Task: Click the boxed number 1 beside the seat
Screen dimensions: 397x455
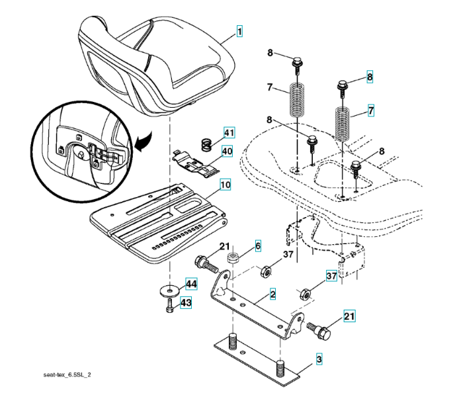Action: [239, 30]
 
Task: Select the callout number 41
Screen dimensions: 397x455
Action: [228, 134]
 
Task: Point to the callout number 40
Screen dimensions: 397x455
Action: [227, 151]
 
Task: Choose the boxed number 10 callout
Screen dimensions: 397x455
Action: [226, 185]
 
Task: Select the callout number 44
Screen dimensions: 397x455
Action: [191, 284]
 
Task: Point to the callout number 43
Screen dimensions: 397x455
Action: [186, 302]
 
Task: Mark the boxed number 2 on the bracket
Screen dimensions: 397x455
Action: [272, 292]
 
